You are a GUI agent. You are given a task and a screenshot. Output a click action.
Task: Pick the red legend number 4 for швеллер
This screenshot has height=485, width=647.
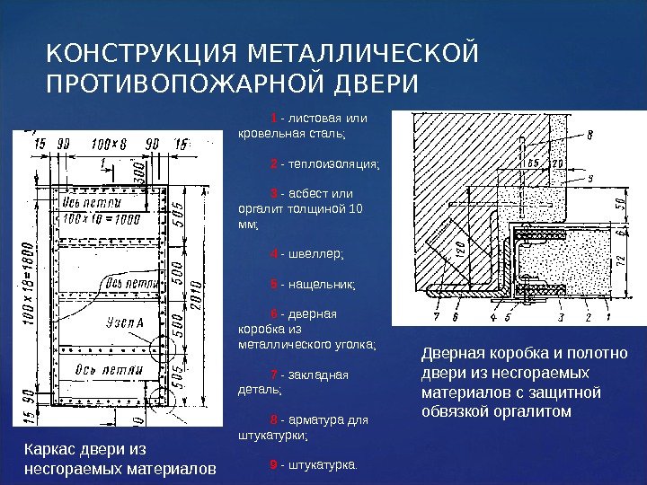(x=273, y=253)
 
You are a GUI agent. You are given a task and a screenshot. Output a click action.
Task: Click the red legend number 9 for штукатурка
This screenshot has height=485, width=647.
(x=273, y=465)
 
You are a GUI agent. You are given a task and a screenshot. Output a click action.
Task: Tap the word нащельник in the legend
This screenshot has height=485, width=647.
(x=322, y=285)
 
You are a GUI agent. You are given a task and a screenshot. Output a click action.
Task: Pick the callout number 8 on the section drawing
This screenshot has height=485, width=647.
(x=589, y=137)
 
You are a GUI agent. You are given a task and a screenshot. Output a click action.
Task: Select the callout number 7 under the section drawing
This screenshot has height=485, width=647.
(x=436, y=317)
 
